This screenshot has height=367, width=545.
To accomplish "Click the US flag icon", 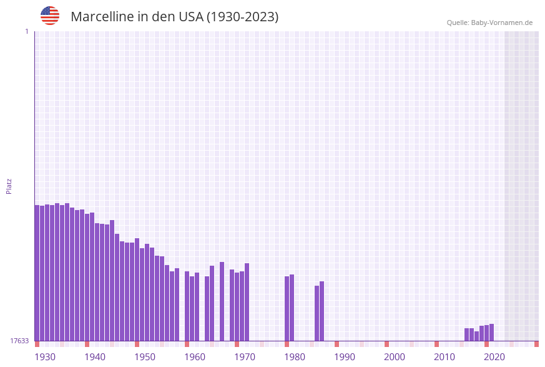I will (50, 16).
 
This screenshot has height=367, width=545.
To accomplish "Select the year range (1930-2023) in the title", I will (242, 17).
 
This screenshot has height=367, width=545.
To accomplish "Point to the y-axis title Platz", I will (9, 186).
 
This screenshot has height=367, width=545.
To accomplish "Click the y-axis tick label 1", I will (26, 31).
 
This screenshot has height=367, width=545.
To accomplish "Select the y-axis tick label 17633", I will (19, 341).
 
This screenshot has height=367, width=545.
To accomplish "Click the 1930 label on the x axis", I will (45, 356).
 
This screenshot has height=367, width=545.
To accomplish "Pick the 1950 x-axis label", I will (145, 356).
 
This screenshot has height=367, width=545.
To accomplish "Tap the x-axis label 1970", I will (245, 356).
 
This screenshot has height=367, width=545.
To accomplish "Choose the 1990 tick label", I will (345, 356).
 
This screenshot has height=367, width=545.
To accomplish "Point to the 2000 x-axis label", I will (395, 356).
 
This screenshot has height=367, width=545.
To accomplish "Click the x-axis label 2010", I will (444, 356).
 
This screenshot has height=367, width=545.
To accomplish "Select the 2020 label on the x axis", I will (494, 356).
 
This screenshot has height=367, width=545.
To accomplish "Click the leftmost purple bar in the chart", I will (37, 273).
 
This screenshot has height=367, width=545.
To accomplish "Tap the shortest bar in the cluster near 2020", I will (477, 336).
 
